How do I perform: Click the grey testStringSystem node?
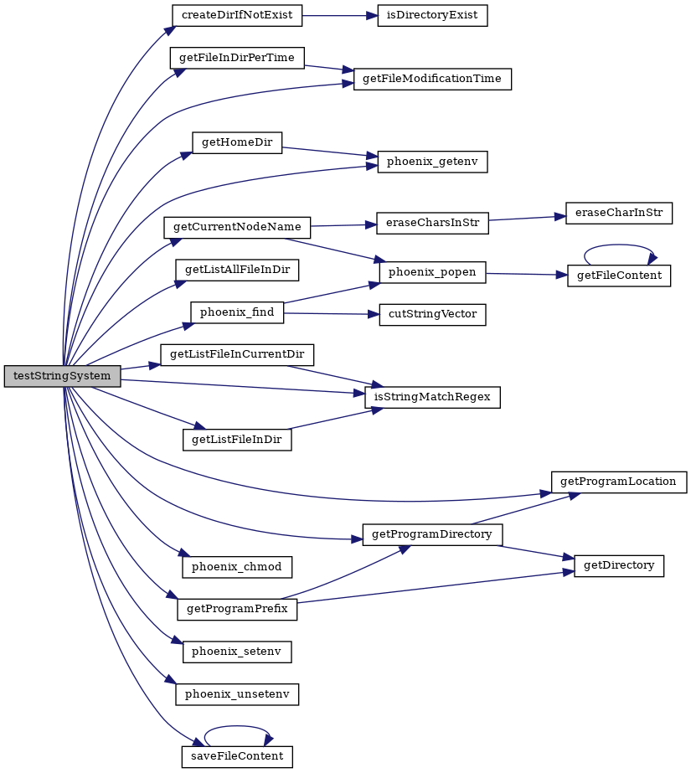coord(62,376)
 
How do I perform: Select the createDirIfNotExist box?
coord(237,15)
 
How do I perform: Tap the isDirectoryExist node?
coord(432,15)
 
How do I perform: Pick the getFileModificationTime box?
coord(432,79)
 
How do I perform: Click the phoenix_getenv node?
coord(432,162)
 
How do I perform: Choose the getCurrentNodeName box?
coord(237,227)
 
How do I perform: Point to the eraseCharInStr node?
coord(619,213)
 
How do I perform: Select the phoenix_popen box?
coord(432,272)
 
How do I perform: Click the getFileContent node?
coord(619,275)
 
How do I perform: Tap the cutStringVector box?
coord(432,315)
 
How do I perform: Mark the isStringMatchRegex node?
coord(432,397)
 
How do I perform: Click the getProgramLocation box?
coord(619,482)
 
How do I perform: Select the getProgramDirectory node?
coord(432,535)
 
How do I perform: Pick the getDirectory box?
coord(619,565)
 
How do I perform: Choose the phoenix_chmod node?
coord(237,567)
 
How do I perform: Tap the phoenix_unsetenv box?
coord(237,694)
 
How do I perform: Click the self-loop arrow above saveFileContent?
coord(237,726)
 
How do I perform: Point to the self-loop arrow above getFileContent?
coord(619,245)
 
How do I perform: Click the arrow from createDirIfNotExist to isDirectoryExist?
coord(339,15)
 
